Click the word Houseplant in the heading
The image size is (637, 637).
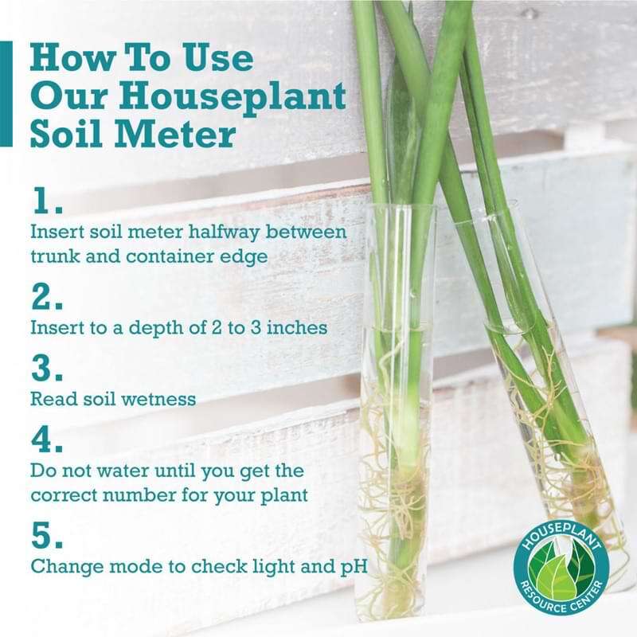[233, 97]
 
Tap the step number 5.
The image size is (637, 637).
[47, 534]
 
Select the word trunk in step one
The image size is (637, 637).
[55, 256]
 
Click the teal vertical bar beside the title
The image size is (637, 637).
[6, 93]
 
